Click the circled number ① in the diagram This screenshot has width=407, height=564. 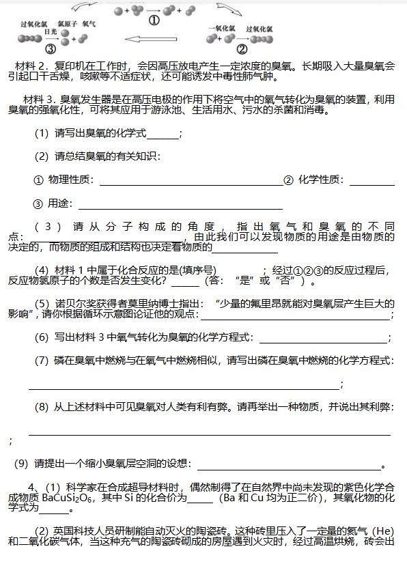(154, 21)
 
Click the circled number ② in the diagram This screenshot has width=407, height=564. (242, 49)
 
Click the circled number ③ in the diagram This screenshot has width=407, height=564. (49, 49)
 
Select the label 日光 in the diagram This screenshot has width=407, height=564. (50, 32)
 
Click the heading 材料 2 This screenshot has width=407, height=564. (32, 66)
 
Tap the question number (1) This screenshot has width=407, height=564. (42, 134)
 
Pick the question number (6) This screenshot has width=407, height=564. (42, 337)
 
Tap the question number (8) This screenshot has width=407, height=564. (42, 407)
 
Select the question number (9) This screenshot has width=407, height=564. (23, 464)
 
